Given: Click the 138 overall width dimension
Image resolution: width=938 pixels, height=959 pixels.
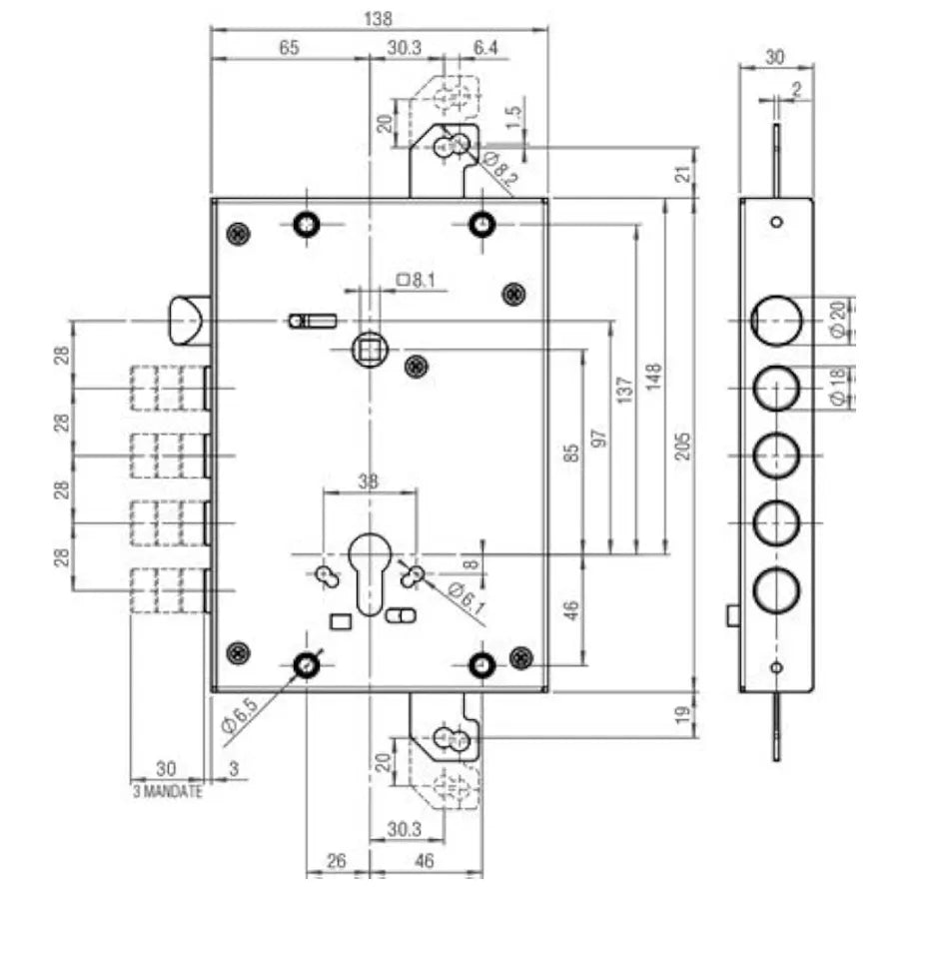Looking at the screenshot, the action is [x=378, y=18].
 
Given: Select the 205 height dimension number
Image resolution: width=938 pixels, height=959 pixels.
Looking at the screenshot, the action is [x=683, y=446].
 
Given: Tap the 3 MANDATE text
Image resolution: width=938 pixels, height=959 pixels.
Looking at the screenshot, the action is [x=168, y=791].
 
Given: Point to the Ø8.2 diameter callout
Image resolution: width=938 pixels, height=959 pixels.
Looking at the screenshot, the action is [x=500, y=168].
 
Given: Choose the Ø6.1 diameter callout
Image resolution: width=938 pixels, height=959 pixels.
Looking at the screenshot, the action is [x=467, y=598].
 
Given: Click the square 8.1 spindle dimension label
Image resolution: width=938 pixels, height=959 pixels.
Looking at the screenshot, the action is [x=416, y=280].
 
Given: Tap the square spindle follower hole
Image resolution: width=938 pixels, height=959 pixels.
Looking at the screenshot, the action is [x=370, y=350].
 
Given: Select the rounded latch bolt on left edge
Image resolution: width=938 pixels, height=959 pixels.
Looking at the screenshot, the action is [x=189, y=321].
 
